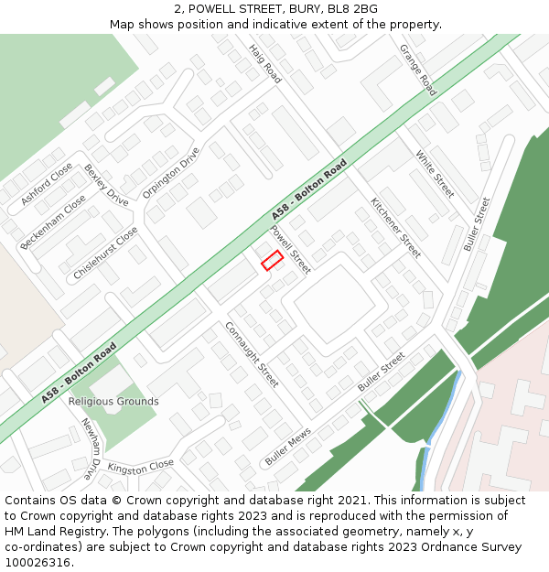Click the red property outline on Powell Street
(272, 260)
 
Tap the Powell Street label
(290, 250)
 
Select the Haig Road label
(265, 63)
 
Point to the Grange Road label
(418, 70)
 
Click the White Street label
(435, 174)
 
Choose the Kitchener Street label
(395, 227)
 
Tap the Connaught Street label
(252, 354)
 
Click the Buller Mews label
(288, 448)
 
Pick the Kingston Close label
(140, 466)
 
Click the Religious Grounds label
(113, 402)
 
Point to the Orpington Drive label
(171, 173)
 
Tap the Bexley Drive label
(106, 185)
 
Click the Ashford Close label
(47, 184)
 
